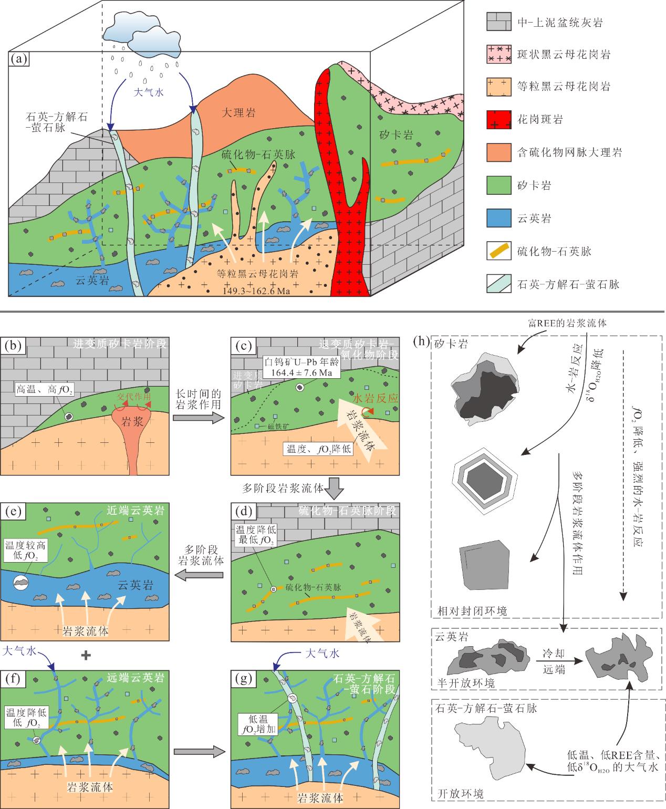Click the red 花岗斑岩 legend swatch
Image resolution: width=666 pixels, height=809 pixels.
pyautogui.click(x=498, y=119)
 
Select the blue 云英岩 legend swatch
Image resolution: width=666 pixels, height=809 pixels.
pyautogui.click(x=498, y=217)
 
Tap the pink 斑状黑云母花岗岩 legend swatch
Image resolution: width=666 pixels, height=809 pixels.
pyautogui.click(x=498, y=54)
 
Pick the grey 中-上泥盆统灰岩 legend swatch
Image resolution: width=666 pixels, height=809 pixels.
pyautogui.click(x=498, y=23)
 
